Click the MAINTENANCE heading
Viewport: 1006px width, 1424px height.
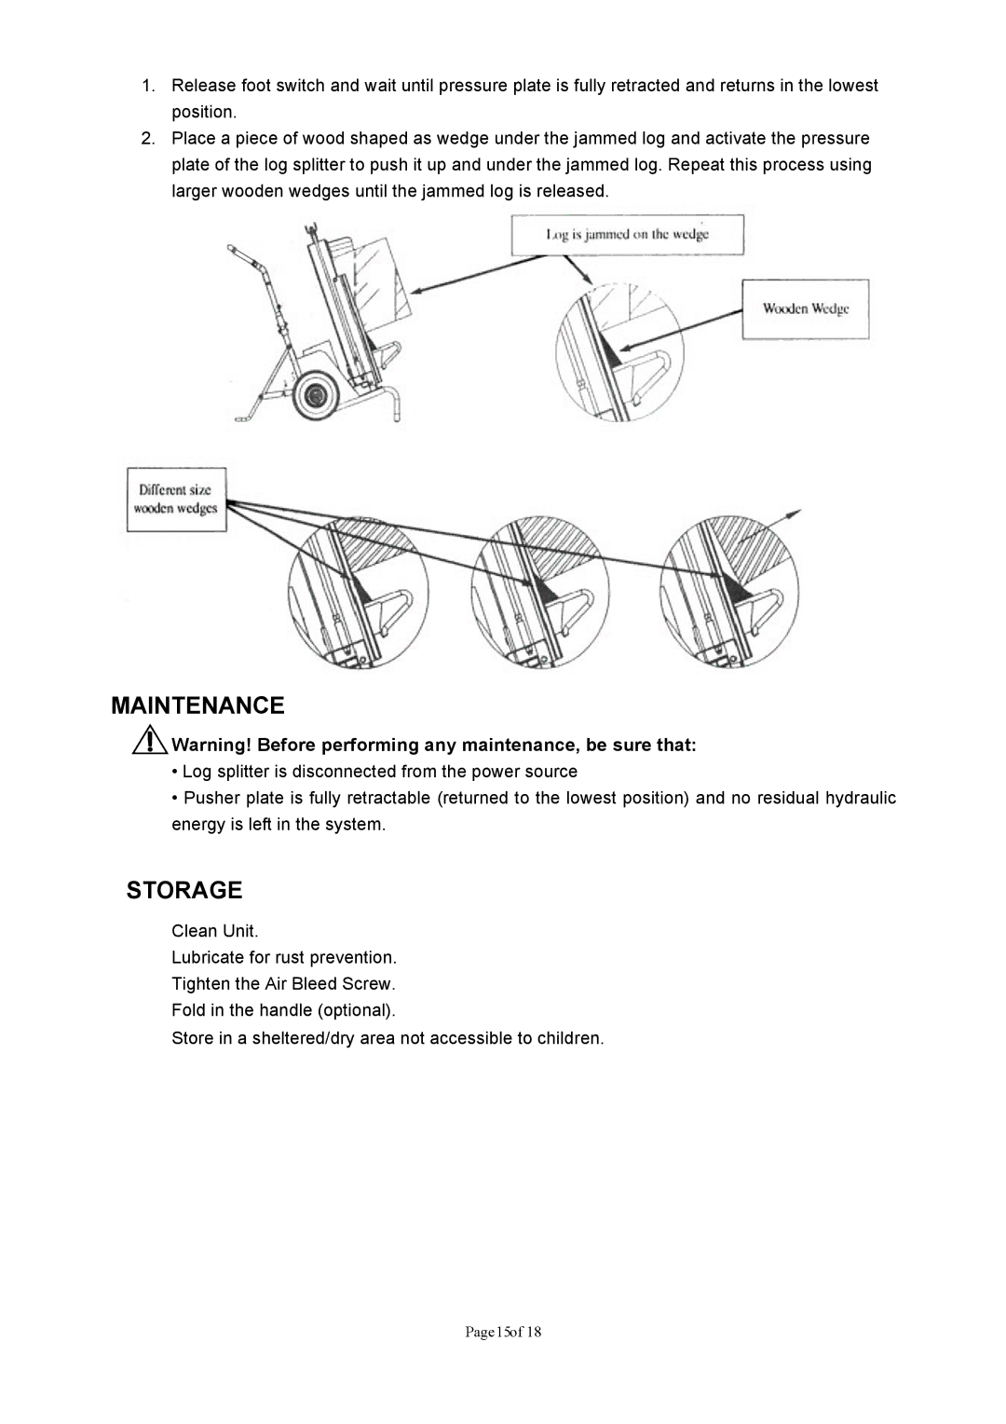click(197, 704)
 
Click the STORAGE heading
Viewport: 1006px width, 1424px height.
click(184, 890)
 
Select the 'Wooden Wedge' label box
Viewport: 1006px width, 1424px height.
click(805, 308)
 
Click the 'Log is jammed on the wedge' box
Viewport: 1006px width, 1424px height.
click(627, 235)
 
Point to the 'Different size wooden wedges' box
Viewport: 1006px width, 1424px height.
click(176, 500)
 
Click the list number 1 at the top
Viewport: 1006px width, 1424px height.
click(148, 86)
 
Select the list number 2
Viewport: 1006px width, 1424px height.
click(148, 139)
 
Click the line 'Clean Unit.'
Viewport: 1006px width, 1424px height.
click(215, 931)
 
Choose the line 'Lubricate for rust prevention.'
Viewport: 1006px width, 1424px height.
click(284, 957)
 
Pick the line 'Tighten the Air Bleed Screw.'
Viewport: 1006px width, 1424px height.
click(283, 983)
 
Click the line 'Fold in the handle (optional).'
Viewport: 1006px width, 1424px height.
click(283, 1010)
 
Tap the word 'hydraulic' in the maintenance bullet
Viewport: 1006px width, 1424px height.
click(861, 798)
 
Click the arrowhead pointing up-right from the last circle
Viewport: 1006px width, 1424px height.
click(795, 512)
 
